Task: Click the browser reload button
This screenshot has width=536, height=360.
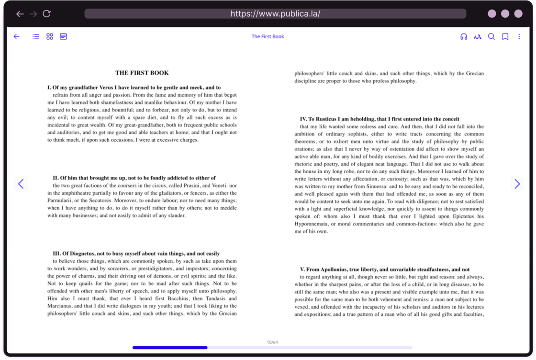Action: tap(46, 14)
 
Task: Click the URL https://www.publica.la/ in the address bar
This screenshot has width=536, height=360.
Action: tap(275, 14)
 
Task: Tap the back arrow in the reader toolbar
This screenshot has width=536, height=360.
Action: tap(17, 36)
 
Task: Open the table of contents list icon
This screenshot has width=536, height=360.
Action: tap(36, 36)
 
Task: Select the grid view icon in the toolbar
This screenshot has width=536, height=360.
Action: tap(50, 36)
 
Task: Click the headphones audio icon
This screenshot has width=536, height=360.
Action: tap(464, 37)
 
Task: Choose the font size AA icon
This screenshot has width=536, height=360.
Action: tap(478, 37)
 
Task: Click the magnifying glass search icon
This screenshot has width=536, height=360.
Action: tap(491, 37)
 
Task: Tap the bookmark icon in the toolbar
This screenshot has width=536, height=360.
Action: tap(505, 37)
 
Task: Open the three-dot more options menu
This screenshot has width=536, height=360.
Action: tap(519, 37)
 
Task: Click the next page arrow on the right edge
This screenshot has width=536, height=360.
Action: tap(517, 184)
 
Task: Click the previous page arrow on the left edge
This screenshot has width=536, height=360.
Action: tap(21, 184)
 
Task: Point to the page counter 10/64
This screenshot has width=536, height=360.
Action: tap(272, 342)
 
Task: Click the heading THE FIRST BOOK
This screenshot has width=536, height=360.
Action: tap(142, 73)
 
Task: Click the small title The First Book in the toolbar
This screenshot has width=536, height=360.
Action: tap(268, 37)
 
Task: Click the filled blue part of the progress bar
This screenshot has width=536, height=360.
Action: tap(170, 348)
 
